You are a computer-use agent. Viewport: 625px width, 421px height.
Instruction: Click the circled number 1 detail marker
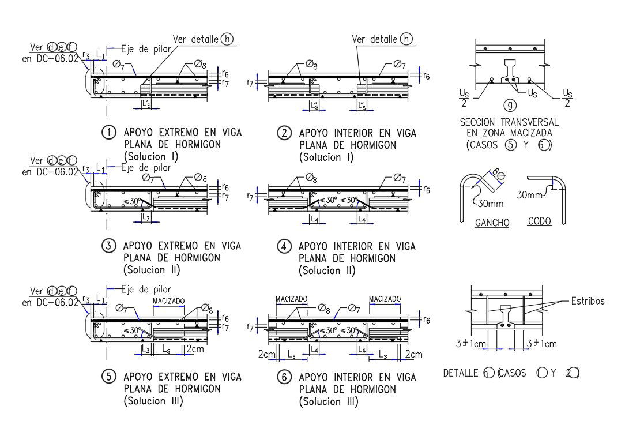pyautogui.click(x=108, y=133)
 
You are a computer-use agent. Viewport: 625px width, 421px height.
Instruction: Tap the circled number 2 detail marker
pyautogui.click(x=284, y=133)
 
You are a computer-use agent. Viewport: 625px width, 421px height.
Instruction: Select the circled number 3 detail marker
pyautogui.click(x=108, y=246)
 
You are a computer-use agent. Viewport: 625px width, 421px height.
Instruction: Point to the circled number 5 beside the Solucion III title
pyautogui.click(x=108, y=377)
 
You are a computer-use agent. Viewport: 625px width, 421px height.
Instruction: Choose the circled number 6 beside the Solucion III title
pyautogui.click(x=284, y=378)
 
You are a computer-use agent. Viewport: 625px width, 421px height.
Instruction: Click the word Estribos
pyautogui.click(x=588, y=300)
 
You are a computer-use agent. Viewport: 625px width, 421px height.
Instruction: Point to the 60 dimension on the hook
pyautogui.click(x=496, y=174)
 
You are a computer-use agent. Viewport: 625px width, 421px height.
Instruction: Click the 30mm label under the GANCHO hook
pyautogui.click(x=490, y=203)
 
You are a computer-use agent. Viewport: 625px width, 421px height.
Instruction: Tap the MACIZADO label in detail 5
pyautogui.click(x=168, y=301)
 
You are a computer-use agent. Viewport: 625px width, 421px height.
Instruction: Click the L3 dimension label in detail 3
pyautogui.click(x=146, y=217)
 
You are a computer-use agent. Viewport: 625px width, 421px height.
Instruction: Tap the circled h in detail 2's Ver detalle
pyautogui.click(x=406, y=39)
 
